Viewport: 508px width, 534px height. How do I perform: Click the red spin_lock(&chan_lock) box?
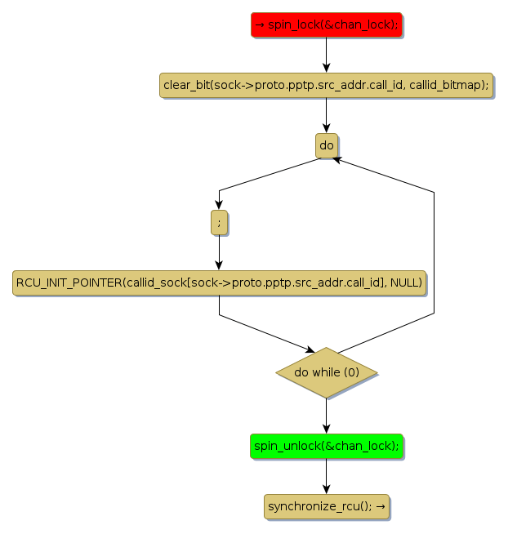tap(326, 25)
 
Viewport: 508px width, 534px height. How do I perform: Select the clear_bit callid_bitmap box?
tap(326, 86)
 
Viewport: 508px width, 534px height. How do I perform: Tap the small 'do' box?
tap(326, 145)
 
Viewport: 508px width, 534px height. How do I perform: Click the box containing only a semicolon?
tap(219, 221)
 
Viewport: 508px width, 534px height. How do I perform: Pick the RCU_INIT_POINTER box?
tap(219, 283)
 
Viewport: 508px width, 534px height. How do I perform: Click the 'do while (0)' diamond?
tap(326, 372)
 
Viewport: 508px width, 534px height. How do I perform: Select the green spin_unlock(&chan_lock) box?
tap(326, 446)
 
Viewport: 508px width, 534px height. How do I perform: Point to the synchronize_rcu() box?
tap(326, 506)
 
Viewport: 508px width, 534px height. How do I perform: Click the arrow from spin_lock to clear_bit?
tap(326, 56)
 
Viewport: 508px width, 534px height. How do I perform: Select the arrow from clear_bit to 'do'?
tap(326, 115)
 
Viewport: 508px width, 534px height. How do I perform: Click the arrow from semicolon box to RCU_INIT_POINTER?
tap(219, 251)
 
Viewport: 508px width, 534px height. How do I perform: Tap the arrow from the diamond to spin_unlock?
tap(326, 416)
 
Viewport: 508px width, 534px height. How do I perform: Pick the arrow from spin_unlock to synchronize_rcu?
tap(326, 476)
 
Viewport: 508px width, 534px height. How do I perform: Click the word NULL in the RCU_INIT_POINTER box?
tap(406, 283)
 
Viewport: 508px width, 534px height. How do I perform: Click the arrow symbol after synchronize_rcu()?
tap(380, 506)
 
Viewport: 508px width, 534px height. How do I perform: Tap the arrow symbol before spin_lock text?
tap(260, 25)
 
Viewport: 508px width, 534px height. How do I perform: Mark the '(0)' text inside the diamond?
tap(350, 372)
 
